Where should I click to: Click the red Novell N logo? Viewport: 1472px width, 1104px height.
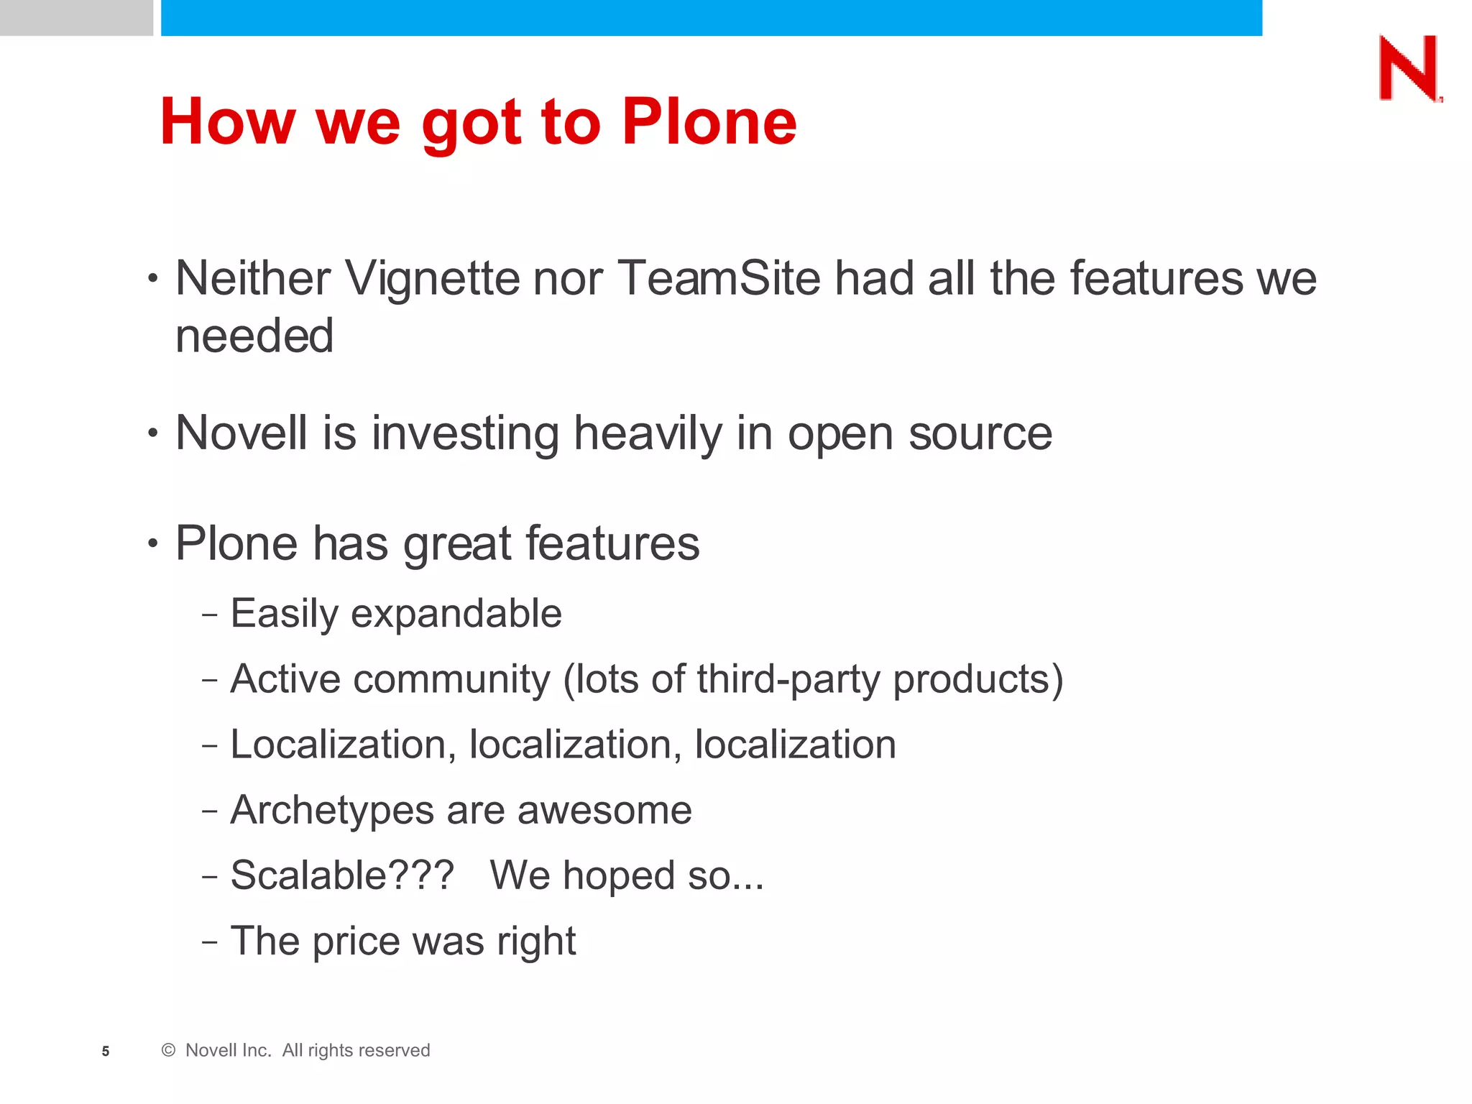coord(1409,69)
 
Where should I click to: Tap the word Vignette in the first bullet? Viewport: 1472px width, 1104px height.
coord(431,279)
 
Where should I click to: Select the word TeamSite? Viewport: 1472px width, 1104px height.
coord(718,279)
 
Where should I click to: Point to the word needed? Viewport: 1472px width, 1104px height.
coord(254,336)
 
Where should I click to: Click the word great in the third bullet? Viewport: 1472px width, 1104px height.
coord(456,544)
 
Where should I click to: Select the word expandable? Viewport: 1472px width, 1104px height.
coord(456,615)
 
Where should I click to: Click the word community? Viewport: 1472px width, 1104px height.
coord(451,679)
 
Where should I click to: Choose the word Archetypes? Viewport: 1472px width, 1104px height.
coord(332,811)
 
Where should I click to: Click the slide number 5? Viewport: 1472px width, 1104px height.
coord(106,1052)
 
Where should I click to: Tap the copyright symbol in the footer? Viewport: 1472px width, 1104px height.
coord(168,1051)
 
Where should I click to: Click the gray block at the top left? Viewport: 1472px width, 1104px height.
coord(76,17)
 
